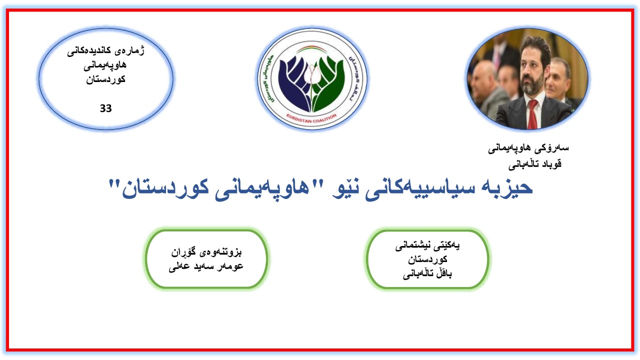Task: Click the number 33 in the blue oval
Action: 105,108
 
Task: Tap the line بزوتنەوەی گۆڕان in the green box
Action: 206,252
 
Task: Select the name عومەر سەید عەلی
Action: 205,266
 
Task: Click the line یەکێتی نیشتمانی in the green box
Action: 427,245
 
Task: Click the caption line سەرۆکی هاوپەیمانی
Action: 528,148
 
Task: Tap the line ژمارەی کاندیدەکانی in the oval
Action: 105,51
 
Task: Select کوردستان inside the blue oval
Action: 105,79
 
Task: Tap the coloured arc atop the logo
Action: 312,49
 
